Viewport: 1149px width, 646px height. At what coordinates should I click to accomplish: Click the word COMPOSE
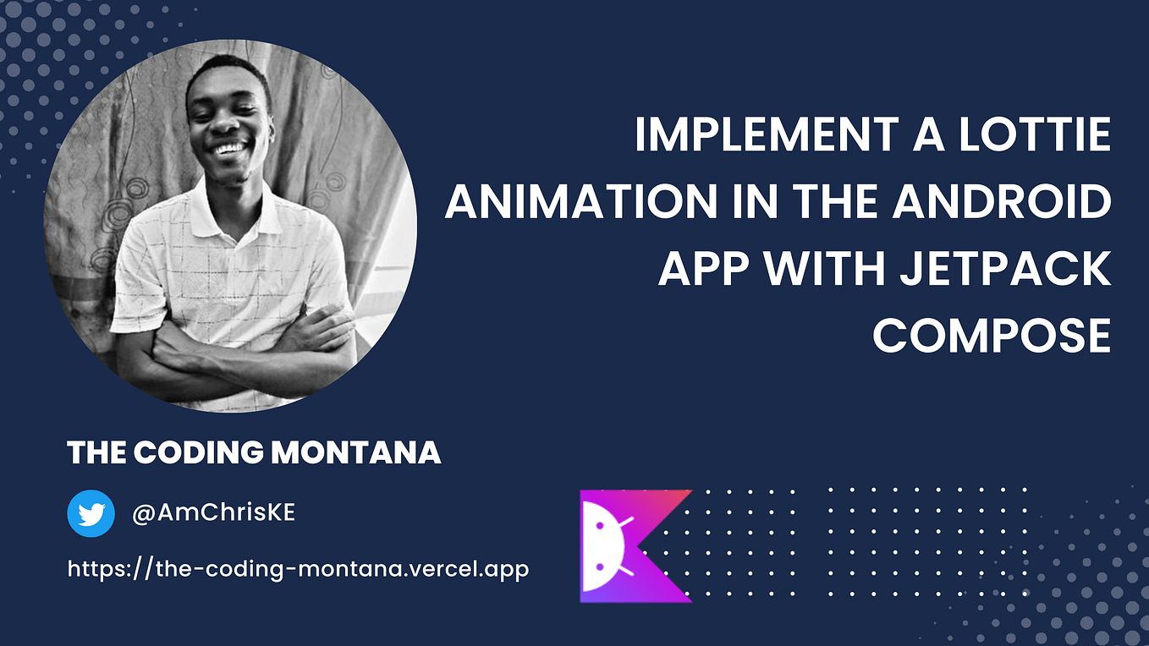coord(991,335)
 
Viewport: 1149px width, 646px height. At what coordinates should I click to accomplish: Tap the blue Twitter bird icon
coord(91,513)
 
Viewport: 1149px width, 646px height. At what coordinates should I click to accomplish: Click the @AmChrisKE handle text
coord(213,513)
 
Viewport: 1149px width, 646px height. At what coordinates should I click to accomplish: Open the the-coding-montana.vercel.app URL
coord(298,568)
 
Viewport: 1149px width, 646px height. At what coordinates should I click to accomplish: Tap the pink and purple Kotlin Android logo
coord(635,545)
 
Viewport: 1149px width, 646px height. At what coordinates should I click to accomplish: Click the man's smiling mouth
coord(228,150)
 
